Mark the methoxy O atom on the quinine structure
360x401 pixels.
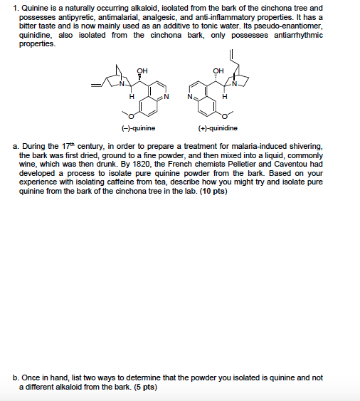[129, 114]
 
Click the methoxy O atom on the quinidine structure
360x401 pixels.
[226, 114]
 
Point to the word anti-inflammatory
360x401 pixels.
[227, 15]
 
